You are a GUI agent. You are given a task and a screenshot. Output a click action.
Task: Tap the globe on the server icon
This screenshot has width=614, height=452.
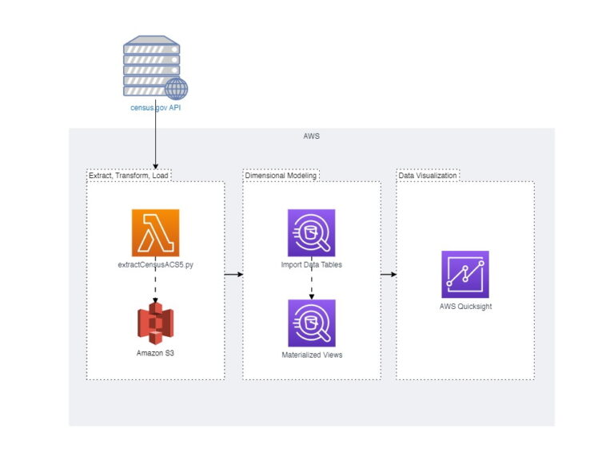click(x=176, y=88)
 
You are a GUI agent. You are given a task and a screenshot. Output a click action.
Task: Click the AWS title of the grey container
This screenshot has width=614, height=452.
click(x=311, y=137)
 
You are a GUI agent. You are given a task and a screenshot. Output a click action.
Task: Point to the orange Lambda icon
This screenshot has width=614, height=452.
click(x=155, y=232)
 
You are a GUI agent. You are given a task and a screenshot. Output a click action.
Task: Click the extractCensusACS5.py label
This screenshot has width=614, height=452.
click(x=155, y=264)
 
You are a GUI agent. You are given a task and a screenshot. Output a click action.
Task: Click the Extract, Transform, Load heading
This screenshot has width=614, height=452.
click(x=129, y=175)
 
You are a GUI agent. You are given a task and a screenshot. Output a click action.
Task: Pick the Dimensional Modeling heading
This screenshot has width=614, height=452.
click(x=281, y=175)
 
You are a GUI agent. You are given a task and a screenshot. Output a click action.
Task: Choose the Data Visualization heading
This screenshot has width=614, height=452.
click(x=429, y=175)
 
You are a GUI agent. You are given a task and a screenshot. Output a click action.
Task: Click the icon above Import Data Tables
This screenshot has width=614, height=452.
click(x=311, y=232)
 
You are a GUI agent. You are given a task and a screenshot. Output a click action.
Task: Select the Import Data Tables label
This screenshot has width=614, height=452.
click(x=311, y=264)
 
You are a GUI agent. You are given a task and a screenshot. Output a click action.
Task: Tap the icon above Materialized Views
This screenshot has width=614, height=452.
click(x=311, y=323)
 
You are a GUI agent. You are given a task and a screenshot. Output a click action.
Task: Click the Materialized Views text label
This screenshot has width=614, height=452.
click(x=311, y=355)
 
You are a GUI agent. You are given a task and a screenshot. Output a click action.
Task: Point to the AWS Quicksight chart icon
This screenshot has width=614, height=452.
click(x=464, y=274)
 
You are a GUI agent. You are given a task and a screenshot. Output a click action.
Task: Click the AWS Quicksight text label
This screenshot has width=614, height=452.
click(x=464, y=306)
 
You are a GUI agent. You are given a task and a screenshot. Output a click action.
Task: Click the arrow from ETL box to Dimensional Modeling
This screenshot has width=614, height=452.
click(x=233, y=274)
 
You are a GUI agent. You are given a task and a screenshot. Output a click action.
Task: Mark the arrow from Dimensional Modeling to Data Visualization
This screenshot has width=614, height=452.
click(x=389, y=274)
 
